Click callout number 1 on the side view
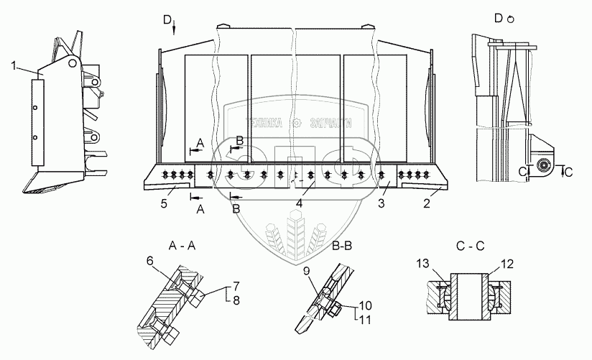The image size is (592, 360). [14, 67]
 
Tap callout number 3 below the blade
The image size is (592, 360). [382, 205]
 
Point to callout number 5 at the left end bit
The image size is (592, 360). [163, 205]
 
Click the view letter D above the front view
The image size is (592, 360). [167, 19]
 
